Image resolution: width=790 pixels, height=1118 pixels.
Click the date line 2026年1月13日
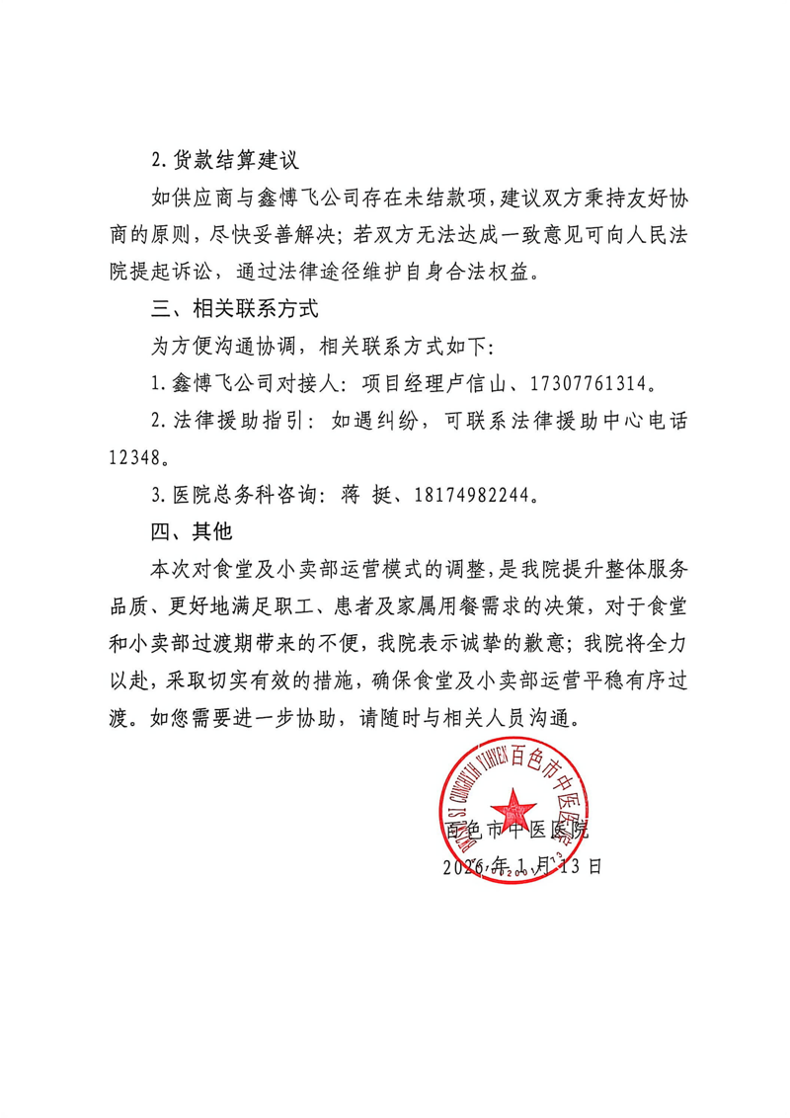pos(520,867)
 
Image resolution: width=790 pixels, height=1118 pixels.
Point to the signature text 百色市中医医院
pos(517,830)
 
